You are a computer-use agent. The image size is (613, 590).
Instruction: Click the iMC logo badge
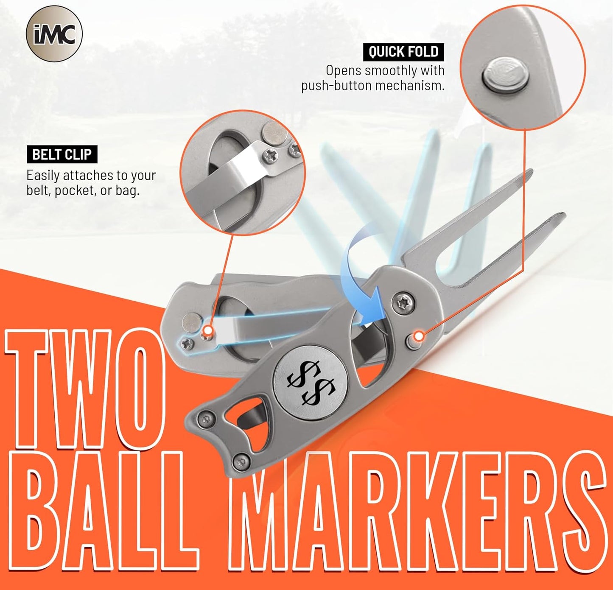coord(54,34)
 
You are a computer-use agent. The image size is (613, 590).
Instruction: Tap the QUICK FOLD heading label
coord(403,52)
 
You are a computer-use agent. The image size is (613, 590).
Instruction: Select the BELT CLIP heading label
coord(62,154)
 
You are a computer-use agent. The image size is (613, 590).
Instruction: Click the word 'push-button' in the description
coord(336,86)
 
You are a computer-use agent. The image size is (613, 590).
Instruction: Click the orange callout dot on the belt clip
coord(207,330)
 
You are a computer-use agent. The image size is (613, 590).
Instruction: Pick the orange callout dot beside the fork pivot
coord(419,336)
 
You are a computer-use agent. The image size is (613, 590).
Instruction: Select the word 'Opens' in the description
coord(343,70)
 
